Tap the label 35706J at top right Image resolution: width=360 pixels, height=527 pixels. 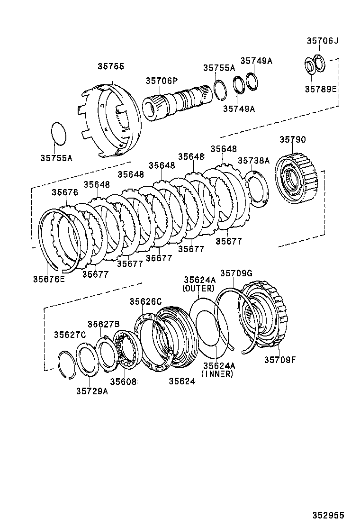point(323,41)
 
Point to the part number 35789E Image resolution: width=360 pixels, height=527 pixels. point(320,89)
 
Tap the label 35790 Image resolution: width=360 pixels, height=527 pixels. point(292,140)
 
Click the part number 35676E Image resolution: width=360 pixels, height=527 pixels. point(49,279)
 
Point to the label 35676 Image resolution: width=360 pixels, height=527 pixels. point(65,192)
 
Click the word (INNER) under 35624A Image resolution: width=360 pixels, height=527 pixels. point(217,374)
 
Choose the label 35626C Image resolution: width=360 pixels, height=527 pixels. point(146,301)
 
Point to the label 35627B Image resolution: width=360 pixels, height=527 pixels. point(103,324)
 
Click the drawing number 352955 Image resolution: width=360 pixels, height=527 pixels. point(328,515)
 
